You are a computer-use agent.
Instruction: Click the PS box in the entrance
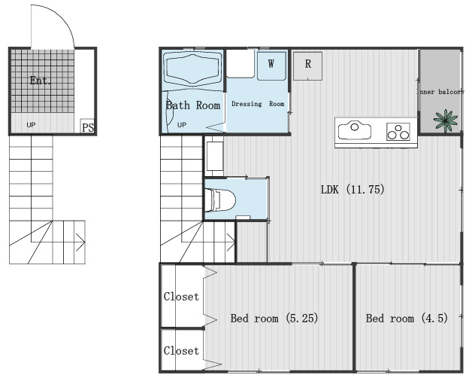tap(88, 126)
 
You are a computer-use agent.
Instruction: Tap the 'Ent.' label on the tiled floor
tap(41, 81)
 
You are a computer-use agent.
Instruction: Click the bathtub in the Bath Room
tap(193, 69)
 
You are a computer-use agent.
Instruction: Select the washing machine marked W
tap(271, 66)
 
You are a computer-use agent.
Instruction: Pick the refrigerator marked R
tap(307, 66)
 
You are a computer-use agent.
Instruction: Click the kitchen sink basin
tap(355, 130)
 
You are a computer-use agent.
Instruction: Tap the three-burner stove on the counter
tap(398, 132)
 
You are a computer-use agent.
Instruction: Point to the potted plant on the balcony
tap(446, 120)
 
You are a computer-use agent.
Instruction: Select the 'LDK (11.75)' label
tap(352, 190)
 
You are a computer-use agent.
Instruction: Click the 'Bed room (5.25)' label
tap(274, 319)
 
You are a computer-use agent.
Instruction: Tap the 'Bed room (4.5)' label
tap(407, 319)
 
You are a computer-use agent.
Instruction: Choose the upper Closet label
tap(181, 297)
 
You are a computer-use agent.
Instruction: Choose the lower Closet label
tap(181, 351)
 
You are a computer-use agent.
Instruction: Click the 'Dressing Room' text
tap(258, 104)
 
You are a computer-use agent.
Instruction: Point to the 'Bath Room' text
tap(193, 105)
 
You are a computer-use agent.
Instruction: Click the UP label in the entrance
tap(31, 124)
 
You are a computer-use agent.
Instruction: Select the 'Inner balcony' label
tap(440, 92)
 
